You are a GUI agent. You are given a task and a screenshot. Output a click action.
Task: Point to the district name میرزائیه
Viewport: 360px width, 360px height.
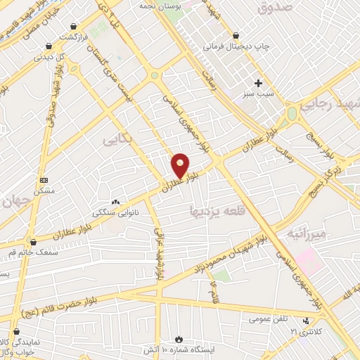303,233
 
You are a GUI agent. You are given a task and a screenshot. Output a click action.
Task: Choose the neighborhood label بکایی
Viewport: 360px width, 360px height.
118,140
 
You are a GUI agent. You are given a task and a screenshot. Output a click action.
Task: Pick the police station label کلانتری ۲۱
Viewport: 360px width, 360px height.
319,330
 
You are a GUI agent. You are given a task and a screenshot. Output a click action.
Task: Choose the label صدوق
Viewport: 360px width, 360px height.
274,8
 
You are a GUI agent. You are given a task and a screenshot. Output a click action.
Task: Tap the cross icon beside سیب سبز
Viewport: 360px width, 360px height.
259,83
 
